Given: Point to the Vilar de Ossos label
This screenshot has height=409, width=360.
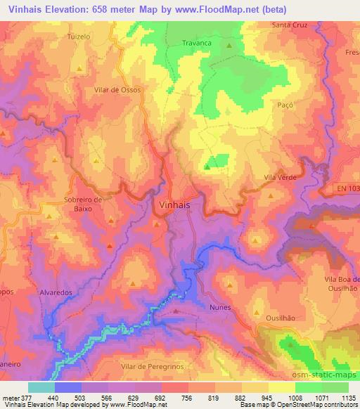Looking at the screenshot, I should [x=117, y=90].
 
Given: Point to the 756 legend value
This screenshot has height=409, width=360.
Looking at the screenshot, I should [x=187, y=397].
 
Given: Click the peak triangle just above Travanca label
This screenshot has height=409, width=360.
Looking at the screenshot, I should [x=229, y=46].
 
